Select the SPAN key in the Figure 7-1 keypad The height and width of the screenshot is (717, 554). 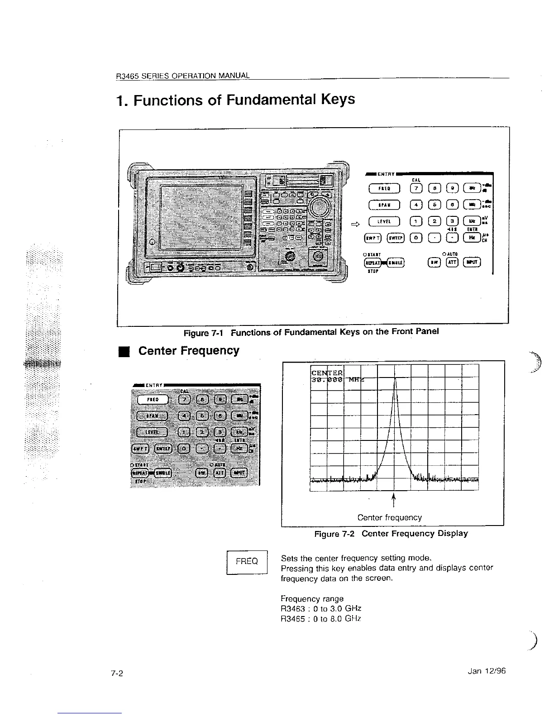click(384, 205)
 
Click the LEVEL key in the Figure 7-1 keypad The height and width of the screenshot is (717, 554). click(384, 221)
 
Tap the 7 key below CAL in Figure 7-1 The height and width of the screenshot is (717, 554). click(415, 188)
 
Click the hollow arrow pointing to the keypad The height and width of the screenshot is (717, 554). click(356, 223)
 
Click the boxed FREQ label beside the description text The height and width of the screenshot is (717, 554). click(247, 561)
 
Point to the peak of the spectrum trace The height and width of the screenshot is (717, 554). click(395, 378)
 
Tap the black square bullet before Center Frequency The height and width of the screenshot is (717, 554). click(122, 351)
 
